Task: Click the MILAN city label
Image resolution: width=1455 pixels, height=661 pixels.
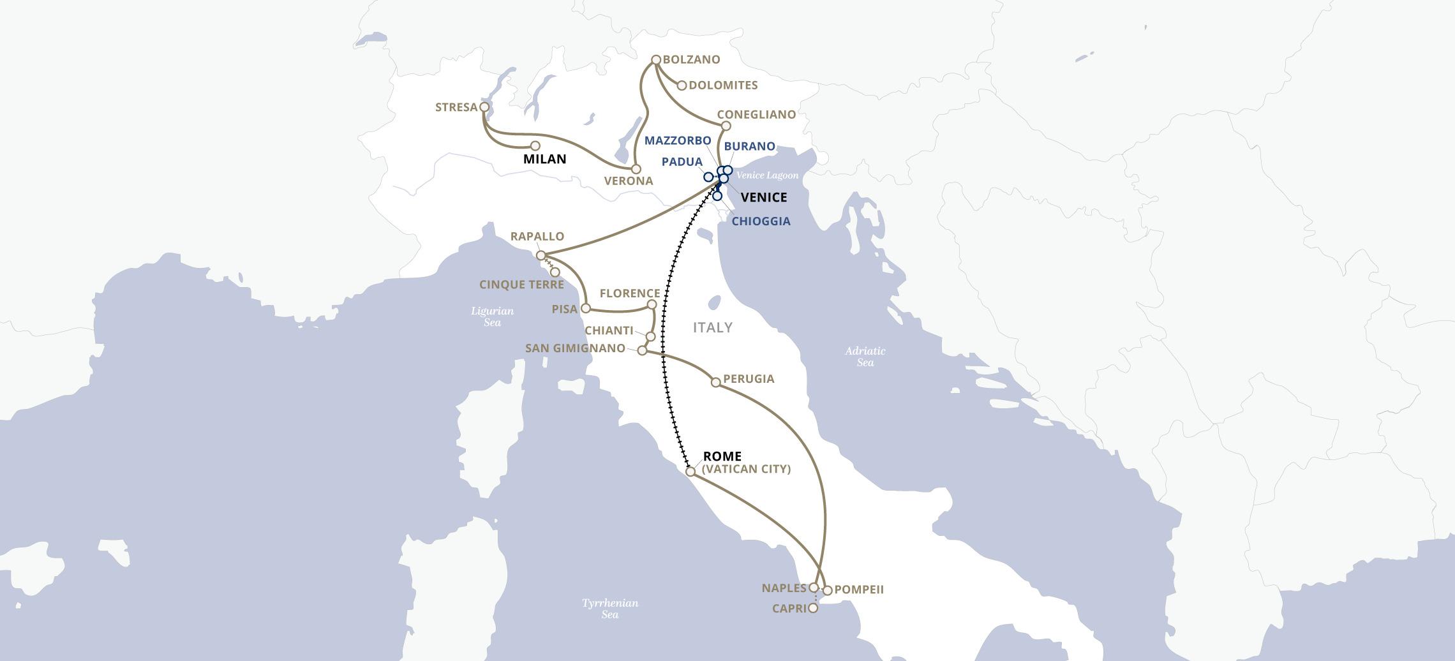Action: (544, 159)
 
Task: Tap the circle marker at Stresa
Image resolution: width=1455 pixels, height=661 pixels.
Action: (484, 107)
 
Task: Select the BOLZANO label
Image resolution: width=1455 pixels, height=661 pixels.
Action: (691, 59)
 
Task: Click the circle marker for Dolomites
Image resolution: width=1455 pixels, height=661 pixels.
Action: (682, 85)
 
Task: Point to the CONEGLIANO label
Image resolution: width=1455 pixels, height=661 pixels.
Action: (756, 114)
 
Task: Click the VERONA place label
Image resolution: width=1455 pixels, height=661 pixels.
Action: (629, 181)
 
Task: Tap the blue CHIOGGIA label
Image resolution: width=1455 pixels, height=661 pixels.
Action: (761, 221)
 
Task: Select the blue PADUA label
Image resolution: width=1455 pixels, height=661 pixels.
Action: (682, 161)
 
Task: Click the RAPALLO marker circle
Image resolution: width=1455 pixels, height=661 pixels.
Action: (541, 255)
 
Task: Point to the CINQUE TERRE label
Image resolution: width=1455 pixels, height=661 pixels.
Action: (521, 285)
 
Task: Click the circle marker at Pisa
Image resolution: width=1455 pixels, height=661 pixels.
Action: (585, 308)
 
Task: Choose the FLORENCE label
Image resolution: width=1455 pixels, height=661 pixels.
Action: (629, 293)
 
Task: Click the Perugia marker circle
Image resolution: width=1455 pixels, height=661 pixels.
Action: (715, 382)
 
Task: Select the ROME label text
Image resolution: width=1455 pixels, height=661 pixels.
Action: (722, 456)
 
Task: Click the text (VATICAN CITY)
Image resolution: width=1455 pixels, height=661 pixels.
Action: (746, 469)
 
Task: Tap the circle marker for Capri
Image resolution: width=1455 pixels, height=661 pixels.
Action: (812, 608)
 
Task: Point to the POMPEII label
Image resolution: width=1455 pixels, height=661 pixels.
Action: (858, 589)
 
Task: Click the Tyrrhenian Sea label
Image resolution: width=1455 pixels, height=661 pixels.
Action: (609, 608)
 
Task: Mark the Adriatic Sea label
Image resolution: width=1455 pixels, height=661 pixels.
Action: (865, 356)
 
